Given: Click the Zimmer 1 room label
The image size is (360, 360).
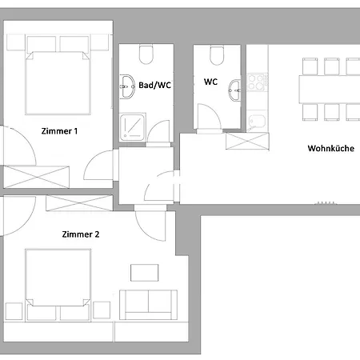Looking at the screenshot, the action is [59, 131].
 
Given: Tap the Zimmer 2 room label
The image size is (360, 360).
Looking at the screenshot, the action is [81, 234].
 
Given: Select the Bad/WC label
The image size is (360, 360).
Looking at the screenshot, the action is [154, 85].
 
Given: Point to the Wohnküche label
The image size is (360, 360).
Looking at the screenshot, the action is [331, 148].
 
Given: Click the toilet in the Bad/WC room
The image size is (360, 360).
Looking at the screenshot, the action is [146, 54].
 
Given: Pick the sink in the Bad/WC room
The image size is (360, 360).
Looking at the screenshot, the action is [126, 86].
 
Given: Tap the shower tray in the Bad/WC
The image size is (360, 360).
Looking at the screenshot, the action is [133, 127].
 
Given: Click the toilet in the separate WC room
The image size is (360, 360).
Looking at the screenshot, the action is [217, 55].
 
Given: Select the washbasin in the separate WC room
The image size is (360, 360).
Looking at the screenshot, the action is [235, 90].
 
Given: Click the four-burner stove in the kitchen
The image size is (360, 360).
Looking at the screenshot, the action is [258, 82].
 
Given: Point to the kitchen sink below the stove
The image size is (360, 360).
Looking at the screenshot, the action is [257, 122].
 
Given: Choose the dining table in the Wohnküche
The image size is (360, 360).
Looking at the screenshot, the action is [330, 90].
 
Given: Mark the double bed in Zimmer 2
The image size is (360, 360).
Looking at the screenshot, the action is [58, 285].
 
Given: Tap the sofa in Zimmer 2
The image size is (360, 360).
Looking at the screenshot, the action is [148, 305].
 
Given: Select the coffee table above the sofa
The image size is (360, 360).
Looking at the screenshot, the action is [145, 273].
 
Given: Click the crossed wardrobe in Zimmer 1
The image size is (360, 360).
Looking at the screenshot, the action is [37, 177].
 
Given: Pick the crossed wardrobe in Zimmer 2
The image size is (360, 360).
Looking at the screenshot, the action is [79, 203].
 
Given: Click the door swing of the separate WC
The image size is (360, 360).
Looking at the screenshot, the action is [209, 117].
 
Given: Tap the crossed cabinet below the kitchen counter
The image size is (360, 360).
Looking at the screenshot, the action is [247, 142].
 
